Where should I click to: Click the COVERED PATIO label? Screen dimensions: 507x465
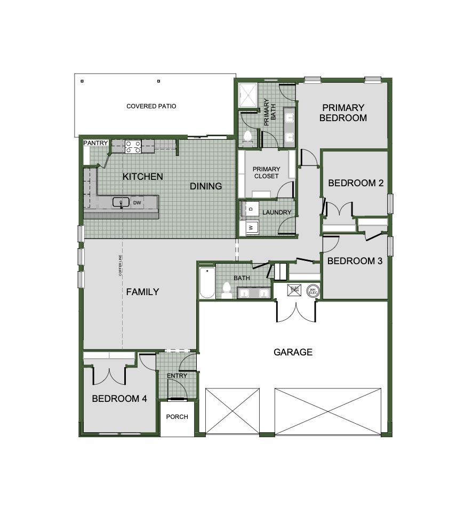(x=151, y=106)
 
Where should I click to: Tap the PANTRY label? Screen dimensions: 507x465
(x=96, y=143)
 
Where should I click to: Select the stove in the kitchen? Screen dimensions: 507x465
(x=133, y=146)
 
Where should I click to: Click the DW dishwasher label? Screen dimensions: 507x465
(x=137, y=203)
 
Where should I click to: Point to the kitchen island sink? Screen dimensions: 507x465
(x=121, y=202)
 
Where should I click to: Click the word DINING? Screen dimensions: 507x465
(x=206, y=186)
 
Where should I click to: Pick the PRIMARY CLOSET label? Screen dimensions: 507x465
(x=266, y=172)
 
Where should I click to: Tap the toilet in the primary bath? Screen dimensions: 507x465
(x=247, y=138)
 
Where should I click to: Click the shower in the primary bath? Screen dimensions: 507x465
(x=248, y=95)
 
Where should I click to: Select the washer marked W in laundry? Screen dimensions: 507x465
(x=248, y=228)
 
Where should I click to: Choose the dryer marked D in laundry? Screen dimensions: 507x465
(x=249, y=208)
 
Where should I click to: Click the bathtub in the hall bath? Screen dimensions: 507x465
(x=206, y=283)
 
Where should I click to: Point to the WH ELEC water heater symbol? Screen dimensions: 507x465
(x=312, y=291)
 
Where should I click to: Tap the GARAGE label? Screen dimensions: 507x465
(x=293, y=352)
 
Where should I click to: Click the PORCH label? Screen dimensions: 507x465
(x=177, y=417)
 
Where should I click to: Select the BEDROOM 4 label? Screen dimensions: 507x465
(x=119, y=399)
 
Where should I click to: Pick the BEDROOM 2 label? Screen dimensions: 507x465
(x=356, y=183)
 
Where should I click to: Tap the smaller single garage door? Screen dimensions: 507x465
(x=232, y=410)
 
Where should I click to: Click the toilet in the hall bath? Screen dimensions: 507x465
(x=226, y=290)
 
